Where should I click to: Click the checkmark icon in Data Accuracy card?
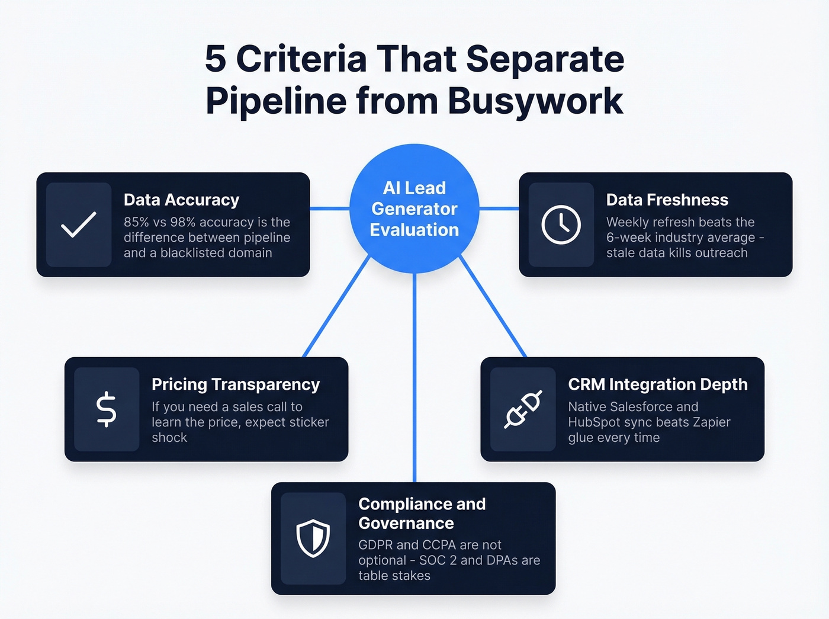point(79,224)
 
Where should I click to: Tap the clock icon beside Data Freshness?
point(561,224)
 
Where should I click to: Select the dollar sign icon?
point(107,409)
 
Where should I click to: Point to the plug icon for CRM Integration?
point(523,409)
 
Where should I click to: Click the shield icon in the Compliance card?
point(313,538)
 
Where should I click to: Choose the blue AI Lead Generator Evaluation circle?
point(415,209)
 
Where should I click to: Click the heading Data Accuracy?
point(181,200)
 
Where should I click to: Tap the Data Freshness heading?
point(667,200)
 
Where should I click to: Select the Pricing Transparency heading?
point(236,384)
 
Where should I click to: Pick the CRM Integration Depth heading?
point(657,384)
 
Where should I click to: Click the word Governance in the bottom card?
point(406,524)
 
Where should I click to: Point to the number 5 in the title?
point(216,59)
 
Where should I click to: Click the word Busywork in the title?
point(535,101)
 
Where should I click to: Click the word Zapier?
point(710,422)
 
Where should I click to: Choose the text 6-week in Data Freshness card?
point(627,238)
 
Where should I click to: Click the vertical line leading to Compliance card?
point(415,379)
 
